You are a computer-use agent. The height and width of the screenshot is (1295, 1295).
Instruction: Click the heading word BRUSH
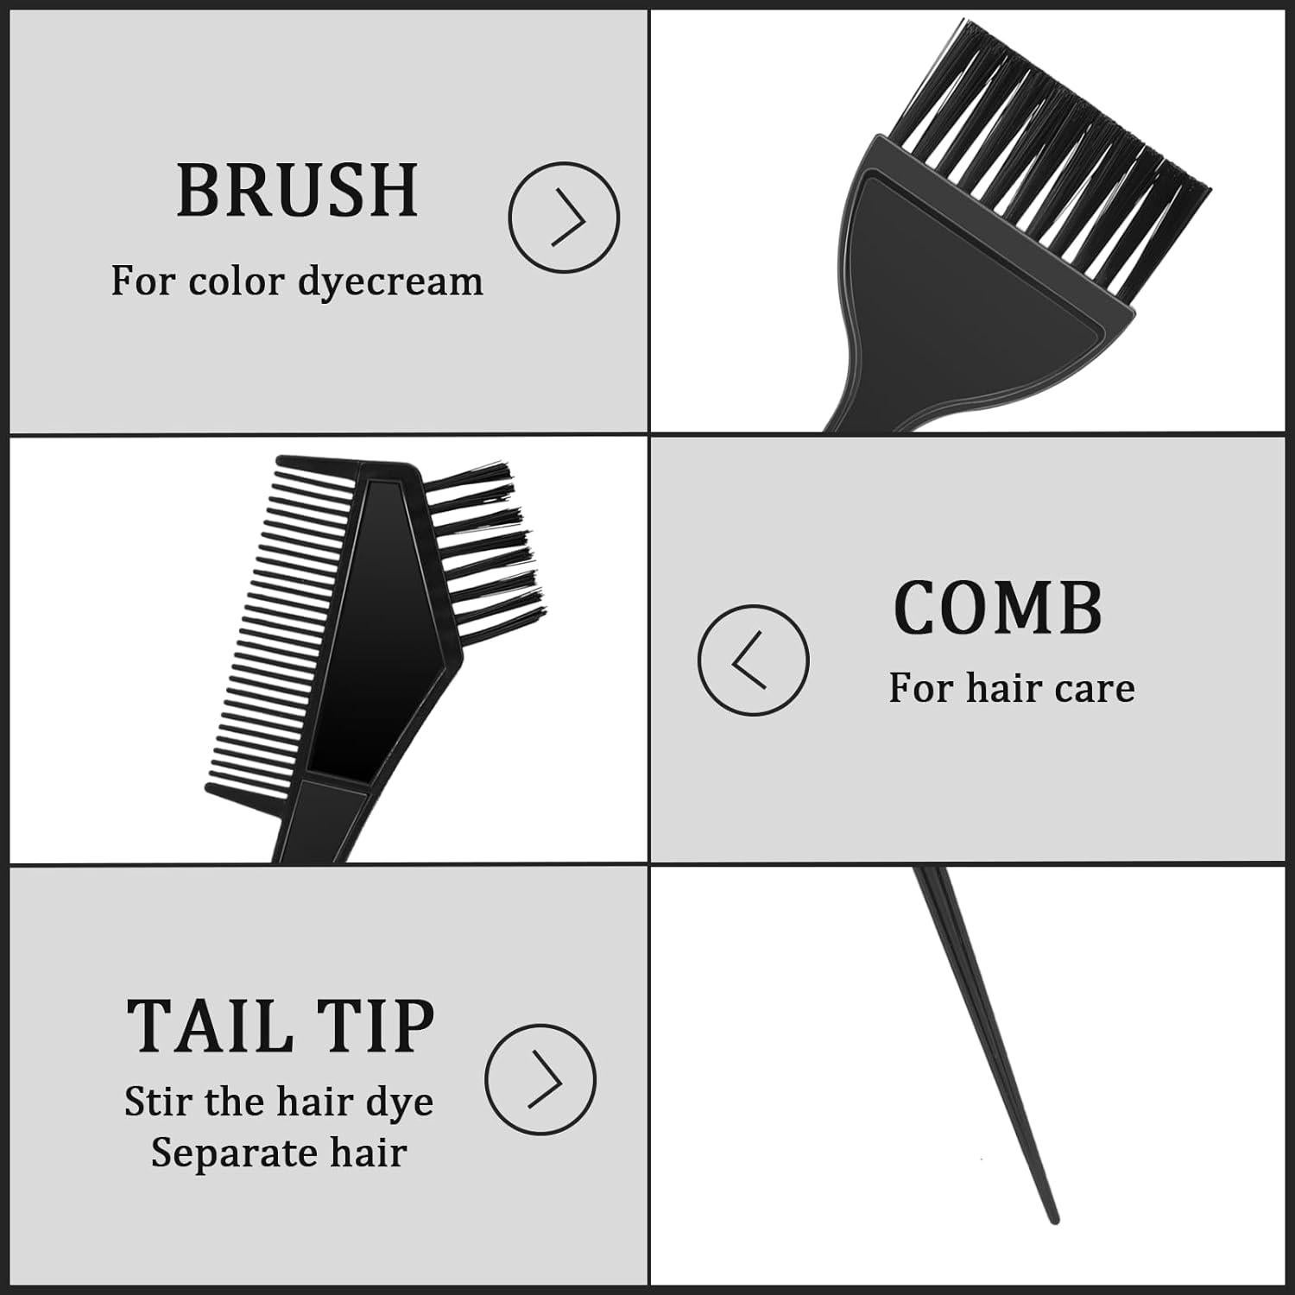[x=297, y=191]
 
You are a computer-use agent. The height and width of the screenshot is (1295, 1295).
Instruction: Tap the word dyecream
[x=390, y=282]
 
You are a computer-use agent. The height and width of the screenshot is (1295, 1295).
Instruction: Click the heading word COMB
[x=998, y=607]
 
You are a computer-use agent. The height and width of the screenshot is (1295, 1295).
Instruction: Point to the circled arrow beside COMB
[x=753, y=660]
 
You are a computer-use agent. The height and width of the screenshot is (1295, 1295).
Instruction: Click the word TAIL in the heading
[x=208, y=1027]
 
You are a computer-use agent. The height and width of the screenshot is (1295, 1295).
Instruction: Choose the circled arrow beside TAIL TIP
[x=540, y=1079]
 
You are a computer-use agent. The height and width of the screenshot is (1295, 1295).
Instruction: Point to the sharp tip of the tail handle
[x=1052, y=1218]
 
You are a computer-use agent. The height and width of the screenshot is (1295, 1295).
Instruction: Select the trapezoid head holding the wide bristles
[x=976, y=259]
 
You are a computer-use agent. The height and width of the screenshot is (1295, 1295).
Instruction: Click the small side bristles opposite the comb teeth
[x=483, y=544]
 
